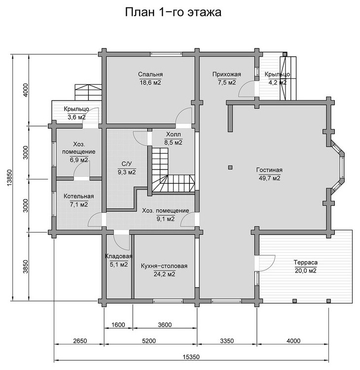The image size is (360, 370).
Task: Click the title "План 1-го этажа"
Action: (x=173, y=12)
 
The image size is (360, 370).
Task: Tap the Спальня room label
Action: (x=150, y=74)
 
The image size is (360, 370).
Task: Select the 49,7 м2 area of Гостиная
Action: (x=269, y=178)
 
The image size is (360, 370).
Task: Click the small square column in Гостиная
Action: (x=230, y=168)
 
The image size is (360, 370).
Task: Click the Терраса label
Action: (x=306, y=263)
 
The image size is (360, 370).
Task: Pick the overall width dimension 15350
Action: (x=191, y=357)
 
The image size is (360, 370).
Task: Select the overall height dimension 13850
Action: (x=9, y=178)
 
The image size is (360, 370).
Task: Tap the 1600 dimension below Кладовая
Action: (x=118, y=325)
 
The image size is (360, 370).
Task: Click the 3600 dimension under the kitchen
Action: (x=165, y=325)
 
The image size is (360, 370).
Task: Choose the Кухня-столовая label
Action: (x=164, y=266)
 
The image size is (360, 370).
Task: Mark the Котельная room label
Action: (x=79, y=196)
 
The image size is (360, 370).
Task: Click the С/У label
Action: (x=127, y=164)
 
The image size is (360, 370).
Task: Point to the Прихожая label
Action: (x=226, y=74)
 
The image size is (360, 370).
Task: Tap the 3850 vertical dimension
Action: (x=26, y=267)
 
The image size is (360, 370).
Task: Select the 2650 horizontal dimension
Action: (x=80, y=341)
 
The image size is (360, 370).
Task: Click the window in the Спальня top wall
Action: (x=167, y=54)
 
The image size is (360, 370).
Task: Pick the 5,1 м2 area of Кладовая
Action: (x=118, y=265)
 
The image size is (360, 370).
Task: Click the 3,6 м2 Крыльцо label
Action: (x=76, y=117)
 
